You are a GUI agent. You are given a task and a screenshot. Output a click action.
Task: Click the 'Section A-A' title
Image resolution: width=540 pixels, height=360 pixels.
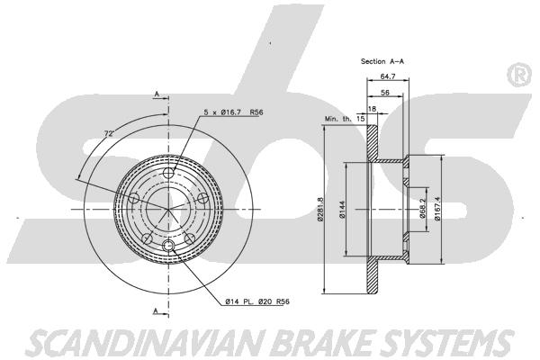tap(382, 62)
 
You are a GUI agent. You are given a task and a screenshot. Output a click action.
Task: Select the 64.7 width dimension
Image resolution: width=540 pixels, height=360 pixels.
tap(388, 76)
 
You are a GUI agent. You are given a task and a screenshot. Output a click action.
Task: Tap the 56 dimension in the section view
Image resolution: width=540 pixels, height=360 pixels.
tap(385, 93)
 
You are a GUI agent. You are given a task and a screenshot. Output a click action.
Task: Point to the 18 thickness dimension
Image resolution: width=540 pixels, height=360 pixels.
tap(372, 109)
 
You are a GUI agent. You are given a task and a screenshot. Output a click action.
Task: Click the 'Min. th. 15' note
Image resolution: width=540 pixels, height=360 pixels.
tap(345, 119)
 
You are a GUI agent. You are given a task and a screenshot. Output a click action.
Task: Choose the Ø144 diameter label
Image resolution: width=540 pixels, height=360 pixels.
tap(342, 210)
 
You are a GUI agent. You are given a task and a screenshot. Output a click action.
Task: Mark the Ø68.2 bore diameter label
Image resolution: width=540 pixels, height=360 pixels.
tap(423, 209)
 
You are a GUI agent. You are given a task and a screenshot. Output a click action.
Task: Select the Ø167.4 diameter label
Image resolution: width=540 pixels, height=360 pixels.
tap(437, 209)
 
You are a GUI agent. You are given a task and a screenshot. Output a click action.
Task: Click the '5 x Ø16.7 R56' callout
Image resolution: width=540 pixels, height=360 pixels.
tap(233, 112)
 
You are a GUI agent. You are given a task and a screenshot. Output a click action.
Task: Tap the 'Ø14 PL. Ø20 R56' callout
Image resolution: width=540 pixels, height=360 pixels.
tap(257, 301)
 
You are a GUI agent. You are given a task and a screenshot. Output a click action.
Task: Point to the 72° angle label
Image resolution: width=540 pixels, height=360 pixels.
tap(109, 134)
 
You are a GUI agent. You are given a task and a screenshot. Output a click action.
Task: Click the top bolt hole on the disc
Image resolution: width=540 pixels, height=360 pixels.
tap(168, 174)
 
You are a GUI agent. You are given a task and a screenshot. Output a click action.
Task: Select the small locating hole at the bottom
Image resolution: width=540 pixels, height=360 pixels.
tap(168, 246)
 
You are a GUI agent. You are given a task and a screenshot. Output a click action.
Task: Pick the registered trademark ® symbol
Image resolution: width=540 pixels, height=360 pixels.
tap(519, 75)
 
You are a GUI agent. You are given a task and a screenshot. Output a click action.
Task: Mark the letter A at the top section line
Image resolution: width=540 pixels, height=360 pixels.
tap(157, 94)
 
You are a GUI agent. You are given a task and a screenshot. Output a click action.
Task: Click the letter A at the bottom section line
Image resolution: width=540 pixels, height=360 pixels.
tap(156, 311)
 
